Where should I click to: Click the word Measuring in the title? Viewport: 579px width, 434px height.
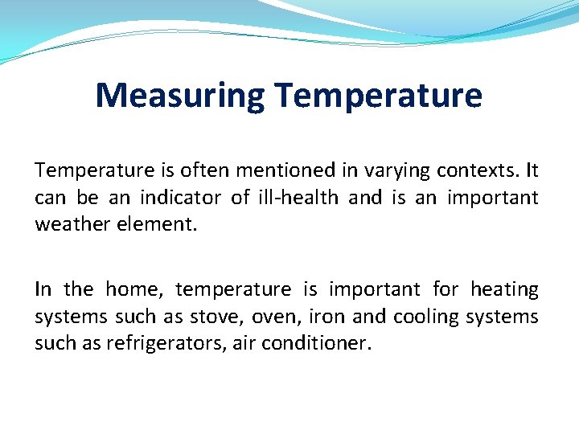(179, 96)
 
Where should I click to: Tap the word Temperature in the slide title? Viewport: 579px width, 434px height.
(377, 96)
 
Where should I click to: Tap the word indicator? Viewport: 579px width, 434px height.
(181, 198)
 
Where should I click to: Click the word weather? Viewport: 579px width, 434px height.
(71, 224)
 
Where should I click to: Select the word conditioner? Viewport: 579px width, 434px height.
(322, 344)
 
